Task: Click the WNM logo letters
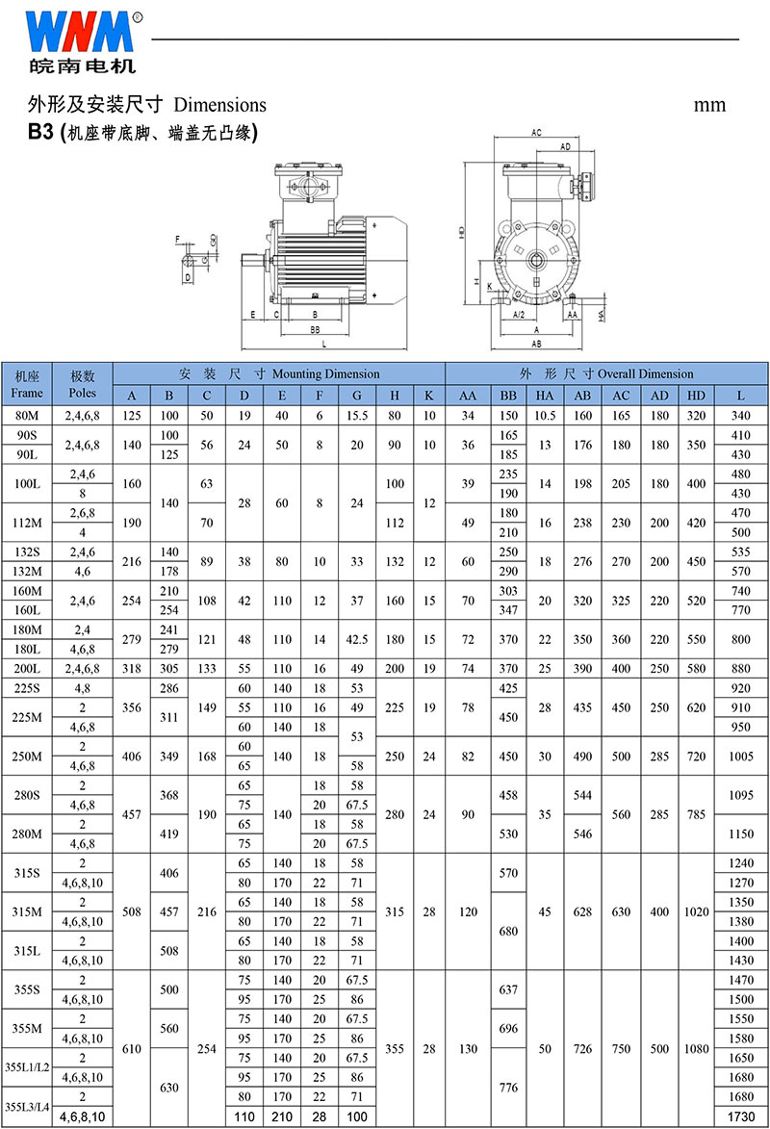[79, 32]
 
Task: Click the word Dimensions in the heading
[219, 105]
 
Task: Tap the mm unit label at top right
[709, 105]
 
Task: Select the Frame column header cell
[27, 384]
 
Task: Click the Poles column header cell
[82, 384]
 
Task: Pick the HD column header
[696, 396]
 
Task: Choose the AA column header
[468, 396]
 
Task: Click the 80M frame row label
[27, 416]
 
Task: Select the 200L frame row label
[27, 668]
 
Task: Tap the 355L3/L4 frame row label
[27, 1107]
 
